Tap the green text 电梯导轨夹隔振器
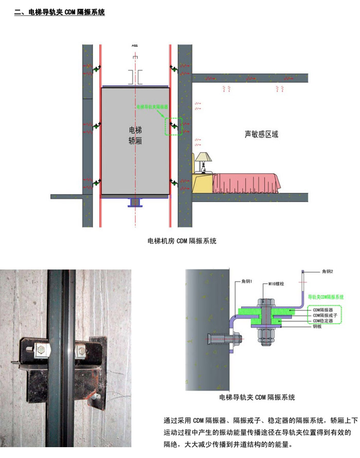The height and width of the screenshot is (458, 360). pyautogui.click(x=153, y=108)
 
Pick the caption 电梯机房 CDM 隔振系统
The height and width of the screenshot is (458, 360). pyautogui.click(x=182, y=241)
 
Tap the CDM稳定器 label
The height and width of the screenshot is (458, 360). pyautogui.click(x=323, y=320)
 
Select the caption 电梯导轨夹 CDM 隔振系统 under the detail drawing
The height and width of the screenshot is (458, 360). pyautogui.click(x=257, y=397)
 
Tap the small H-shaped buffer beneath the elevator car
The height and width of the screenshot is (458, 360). pyautogui.click(x=137, y=202)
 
